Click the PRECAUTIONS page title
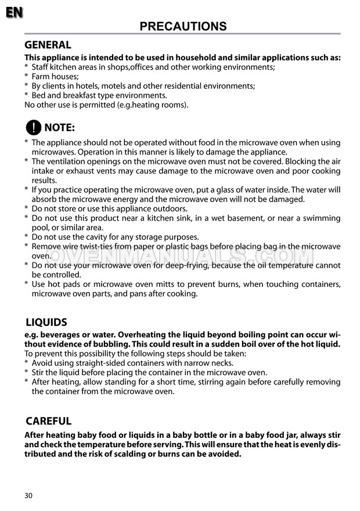pyautogui.click(x=183, y=26)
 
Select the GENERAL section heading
pyautogui.click(x=48, y=45)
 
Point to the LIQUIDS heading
pyautogui.click(x=46, y=322)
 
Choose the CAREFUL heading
pyautogui.click(x=48, y=421)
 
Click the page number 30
pyautogui.click(x=29, y=495)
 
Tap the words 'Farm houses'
pyautogui.click(x=55, y=76)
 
